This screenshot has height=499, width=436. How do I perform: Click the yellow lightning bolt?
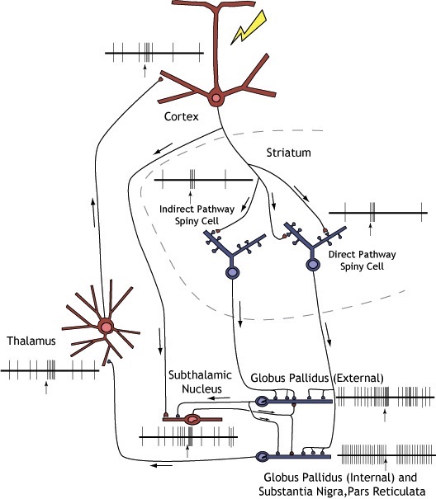pos(249,28)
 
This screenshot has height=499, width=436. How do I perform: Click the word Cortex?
pos(182,116)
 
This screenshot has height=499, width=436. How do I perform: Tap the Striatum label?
pos(289,153)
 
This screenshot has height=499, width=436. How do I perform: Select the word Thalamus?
pos(31,341)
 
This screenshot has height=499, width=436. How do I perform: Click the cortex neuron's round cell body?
pos(216,98)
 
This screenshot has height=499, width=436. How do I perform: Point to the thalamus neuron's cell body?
pos(106,327)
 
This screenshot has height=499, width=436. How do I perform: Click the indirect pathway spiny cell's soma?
pos(232,272)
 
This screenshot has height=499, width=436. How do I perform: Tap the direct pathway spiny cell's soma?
pos(313,264)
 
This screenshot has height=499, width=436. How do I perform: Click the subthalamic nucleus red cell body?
pos(192,419)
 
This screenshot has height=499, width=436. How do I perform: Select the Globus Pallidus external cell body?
pos(263,402)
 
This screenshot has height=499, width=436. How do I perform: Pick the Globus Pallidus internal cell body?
pos(263,457)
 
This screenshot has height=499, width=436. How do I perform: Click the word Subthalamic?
pos(200,375)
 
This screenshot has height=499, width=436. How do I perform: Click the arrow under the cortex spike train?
pos(145,71)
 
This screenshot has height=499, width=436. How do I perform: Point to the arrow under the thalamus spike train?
pos(46,388)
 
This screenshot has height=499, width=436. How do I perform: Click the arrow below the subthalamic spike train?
pos(187,452)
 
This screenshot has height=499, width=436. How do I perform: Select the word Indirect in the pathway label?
pos(175,209)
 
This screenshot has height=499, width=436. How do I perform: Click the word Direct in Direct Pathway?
pos(342,254)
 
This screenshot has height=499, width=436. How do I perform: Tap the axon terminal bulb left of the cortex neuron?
pos(161,79)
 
